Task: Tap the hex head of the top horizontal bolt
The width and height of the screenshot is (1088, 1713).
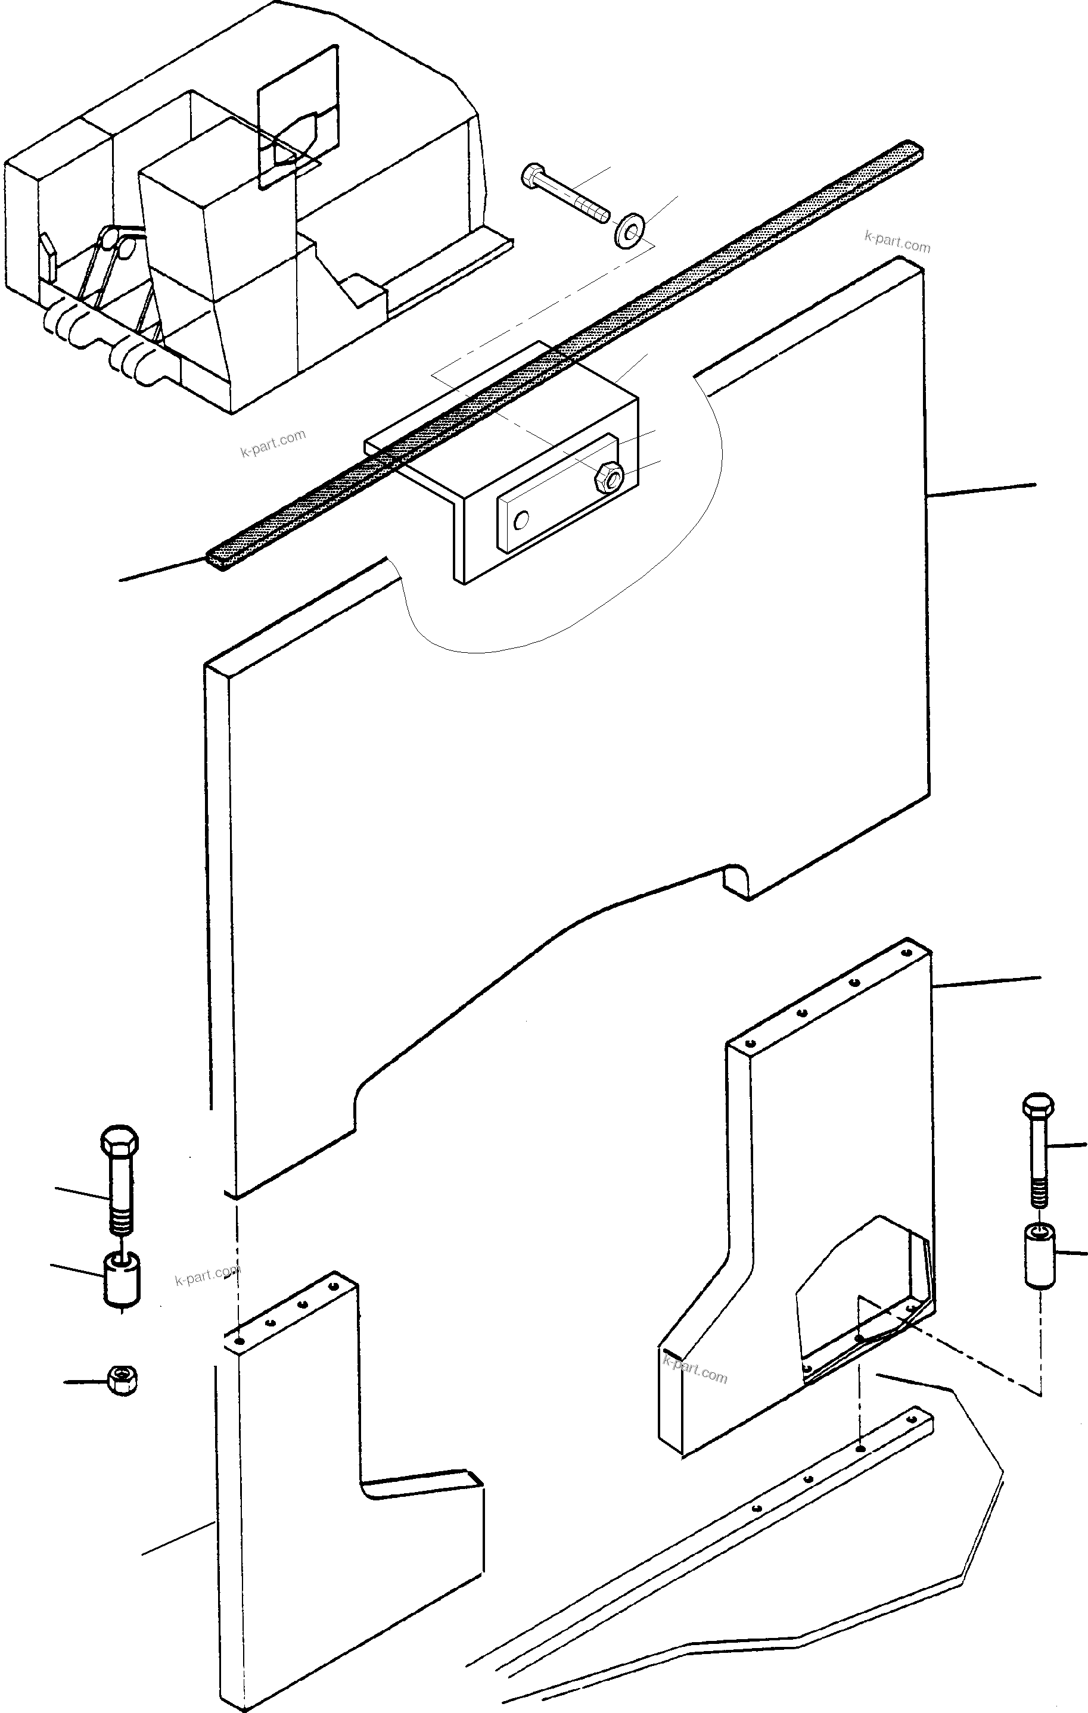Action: (x=531, y=175)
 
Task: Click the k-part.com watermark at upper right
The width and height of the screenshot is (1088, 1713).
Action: (x=897, y=242)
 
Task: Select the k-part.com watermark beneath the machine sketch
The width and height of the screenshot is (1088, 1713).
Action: (x=273, y=443)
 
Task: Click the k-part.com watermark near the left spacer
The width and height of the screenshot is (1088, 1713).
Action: (x=207, y=1275)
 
